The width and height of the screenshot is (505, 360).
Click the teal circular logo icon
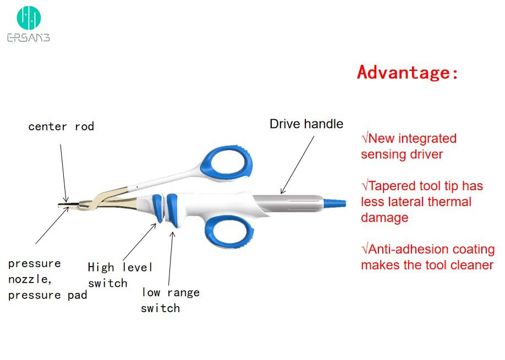(x=29, y=18)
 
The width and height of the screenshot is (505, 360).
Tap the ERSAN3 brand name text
(x=29, y=37)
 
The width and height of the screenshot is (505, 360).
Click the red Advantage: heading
(x=408, y=73)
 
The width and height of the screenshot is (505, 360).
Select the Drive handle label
(x=306, y=124)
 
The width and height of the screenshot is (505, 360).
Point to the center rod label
(x=61, y=126)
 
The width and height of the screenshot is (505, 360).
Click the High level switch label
(x=120, y=275)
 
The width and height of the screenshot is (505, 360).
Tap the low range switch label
(x=170, y=300)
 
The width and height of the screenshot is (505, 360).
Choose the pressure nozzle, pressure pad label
(x=47, y=279)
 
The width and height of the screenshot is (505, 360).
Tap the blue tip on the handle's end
(x=336, y=203)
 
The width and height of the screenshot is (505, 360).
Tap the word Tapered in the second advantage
(x=391, y=186)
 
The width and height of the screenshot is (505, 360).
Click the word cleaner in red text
(x=470, y=265)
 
